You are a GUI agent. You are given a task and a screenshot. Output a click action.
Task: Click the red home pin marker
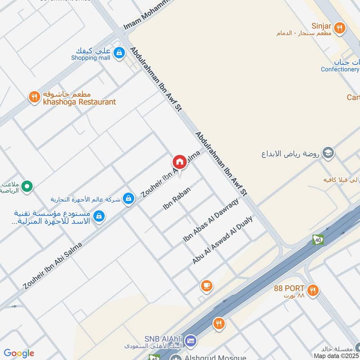[179, 162]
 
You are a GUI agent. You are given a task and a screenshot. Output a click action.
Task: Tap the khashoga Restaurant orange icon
[34, 97]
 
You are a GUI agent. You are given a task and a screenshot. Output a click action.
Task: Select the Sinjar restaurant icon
[340, 28]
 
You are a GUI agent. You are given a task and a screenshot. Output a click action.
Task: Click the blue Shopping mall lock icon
[118, 53]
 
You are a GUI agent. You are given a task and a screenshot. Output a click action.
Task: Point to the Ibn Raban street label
[177, 198]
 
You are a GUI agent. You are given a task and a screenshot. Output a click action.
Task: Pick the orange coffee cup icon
[207, 286]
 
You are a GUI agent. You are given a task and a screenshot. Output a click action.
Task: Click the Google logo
[19, 353]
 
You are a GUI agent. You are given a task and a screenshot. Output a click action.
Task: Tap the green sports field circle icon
[27, 185]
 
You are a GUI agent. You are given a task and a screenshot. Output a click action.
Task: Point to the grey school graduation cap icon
[328, 153]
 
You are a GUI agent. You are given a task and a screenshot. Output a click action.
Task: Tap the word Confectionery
[340, 69]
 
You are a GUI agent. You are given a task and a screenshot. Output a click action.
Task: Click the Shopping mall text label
[90, 58]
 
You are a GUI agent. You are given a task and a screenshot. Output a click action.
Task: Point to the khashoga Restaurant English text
[79, 102]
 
